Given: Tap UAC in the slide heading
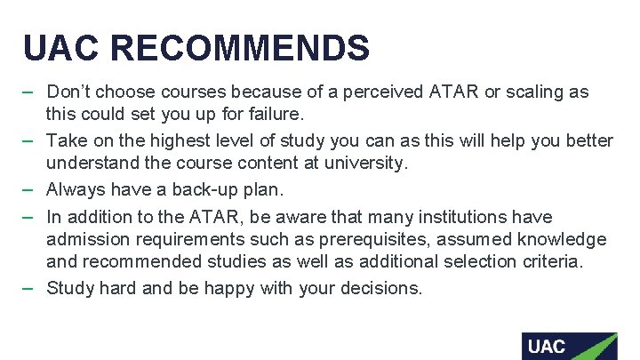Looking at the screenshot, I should coord(61,47).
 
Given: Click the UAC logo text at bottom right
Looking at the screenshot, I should coord(547,346).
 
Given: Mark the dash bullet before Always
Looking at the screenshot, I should coord(29,188).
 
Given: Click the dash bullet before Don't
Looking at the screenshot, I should coord(29,92).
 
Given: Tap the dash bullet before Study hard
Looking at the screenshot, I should coord(29,287).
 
